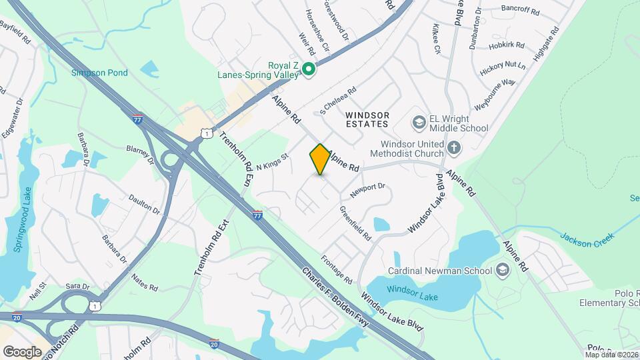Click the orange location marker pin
click(320, 159)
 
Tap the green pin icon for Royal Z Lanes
click(309, 69)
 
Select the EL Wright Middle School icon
click(419, 122)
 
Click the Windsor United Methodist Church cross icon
click(454, 147)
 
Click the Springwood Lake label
click(19, 221)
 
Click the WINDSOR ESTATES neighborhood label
click(367, 119)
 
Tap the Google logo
click(22, 351)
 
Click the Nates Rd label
click(144, 281)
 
